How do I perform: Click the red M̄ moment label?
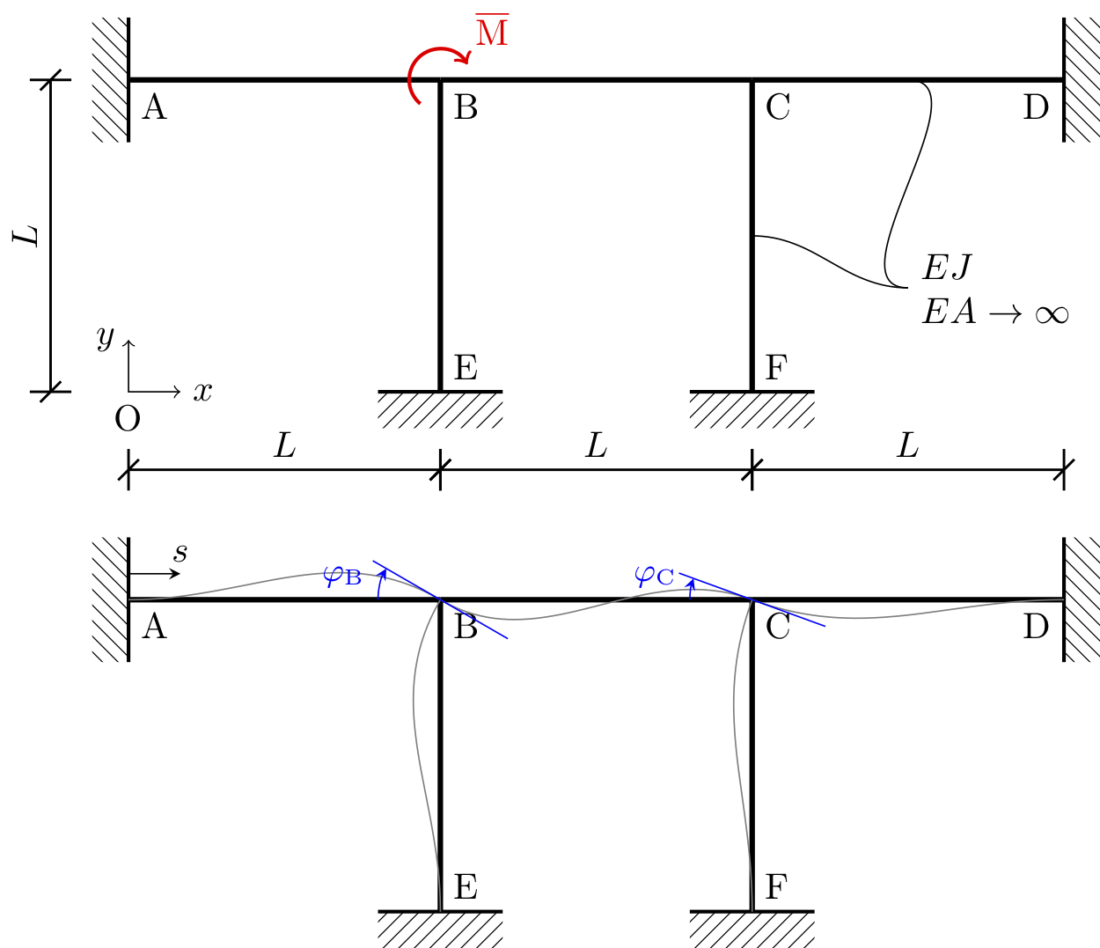click(x=492, y=33)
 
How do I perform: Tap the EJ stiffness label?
click(x=947, y=267)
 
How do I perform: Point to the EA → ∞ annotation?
click(x=994, y=312)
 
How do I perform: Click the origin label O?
click(x=128, y=420)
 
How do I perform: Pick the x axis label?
click(x=203, y=391)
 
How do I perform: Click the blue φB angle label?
click(x=342, y=577)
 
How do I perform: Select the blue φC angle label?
click(x=654, y=577)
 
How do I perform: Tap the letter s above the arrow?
click(x=180, y=553)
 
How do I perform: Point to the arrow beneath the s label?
click(x=155, y=574)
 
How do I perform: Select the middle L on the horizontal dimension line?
click(x=596, y=446)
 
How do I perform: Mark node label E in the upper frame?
click(x=466, y=367)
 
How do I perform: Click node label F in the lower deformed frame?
click(x=775, y=886)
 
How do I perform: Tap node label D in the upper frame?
click(x=1036, y=107)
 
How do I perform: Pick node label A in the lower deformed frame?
click(x=154, y=627)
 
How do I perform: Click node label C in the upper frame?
click(x=778, y=107)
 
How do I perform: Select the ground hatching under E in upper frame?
click(x=440, y=410)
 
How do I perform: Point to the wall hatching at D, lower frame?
click(x=1082, y=599)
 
